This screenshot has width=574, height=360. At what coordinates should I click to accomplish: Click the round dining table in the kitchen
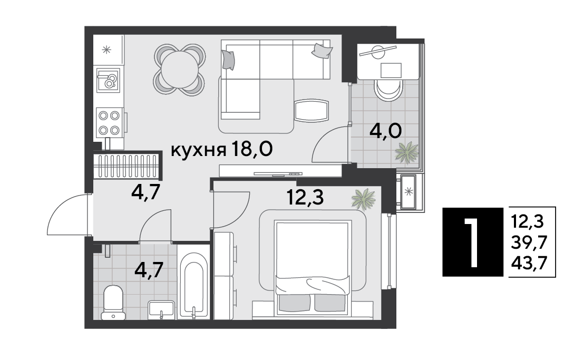[x=179, y=70]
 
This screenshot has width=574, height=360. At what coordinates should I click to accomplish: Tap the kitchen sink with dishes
[x=109, y=80]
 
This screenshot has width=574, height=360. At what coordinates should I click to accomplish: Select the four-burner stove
[x=109, y=122]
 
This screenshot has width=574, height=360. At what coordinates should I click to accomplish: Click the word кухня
[x=198, y=150]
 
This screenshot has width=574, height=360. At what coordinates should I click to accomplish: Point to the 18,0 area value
[x=252, y=149]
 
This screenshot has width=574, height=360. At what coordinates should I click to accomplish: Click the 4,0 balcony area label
[x=385, y=131]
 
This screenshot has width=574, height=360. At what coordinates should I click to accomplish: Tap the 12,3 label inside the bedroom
[x=305, y=198]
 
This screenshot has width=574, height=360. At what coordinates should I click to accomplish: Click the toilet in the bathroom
[x=113, y=303]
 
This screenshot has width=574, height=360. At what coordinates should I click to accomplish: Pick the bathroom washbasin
[x=161, y=310]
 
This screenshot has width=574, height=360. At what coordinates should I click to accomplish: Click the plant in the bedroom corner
[x=364, y=199]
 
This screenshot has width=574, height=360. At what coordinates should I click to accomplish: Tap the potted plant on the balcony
[x=407, y=152]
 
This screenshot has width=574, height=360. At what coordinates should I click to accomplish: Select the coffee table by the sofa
[x=310, y=110]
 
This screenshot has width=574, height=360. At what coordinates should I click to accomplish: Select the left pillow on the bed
[x=292, y=303]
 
